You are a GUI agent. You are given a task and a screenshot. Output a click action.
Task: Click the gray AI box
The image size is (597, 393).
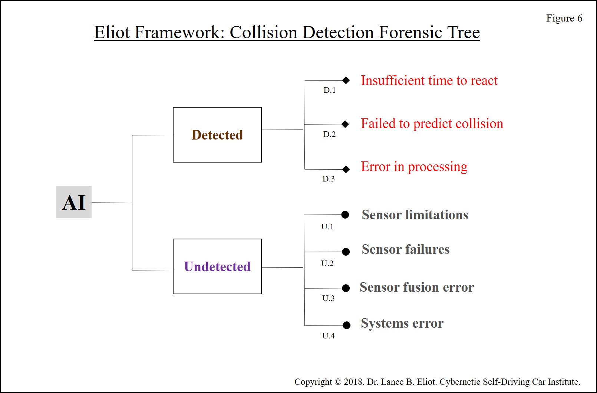click(74, 202)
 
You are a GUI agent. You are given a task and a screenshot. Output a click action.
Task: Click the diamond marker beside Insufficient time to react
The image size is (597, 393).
click(346, 80)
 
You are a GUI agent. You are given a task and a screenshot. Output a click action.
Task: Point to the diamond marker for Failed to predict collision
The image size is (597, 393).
click(346, 124)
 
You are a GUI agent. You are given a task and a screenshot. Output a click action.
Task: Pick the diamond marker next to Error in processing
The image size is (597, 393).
click(346, 169)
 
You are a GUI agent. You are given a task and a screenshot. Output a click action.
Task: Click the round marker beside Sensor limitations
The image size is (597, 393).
click(345, 214)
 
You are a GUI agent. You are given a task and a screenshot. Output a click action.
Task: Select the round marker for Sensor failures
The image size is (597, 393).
click(346, 251)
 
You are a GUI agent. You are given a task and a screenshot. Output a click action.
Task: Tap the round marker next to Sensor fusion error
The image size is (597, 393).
click(346, 288)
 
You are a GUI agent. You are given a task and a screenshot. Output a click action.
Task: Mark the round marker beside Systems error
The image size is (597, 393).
click(346, 325)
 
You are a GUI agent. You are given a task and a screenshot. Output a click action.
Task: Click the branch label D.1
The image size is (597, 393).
click(329, 90)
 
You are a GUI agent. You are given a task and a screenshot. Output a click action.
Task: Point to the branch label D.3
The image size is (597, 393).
click(329, 179)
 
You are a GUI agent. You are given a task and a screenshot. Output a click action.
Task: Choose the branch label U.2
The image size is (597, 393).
click(327, 263)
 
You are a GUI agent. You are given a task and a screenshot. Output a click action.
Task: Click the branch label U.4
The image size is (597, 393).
click(329, 335)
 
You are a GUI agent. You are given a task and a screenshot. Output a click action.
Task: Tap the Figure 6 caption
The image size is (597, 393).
click(564, 18)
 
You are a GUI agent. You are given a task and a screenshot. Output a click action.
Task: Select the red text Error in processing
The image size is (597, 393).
click(414, 167)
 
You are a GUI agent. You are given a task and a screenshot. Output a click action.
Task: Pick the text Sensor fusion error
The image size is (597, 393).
click(417, 287)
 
